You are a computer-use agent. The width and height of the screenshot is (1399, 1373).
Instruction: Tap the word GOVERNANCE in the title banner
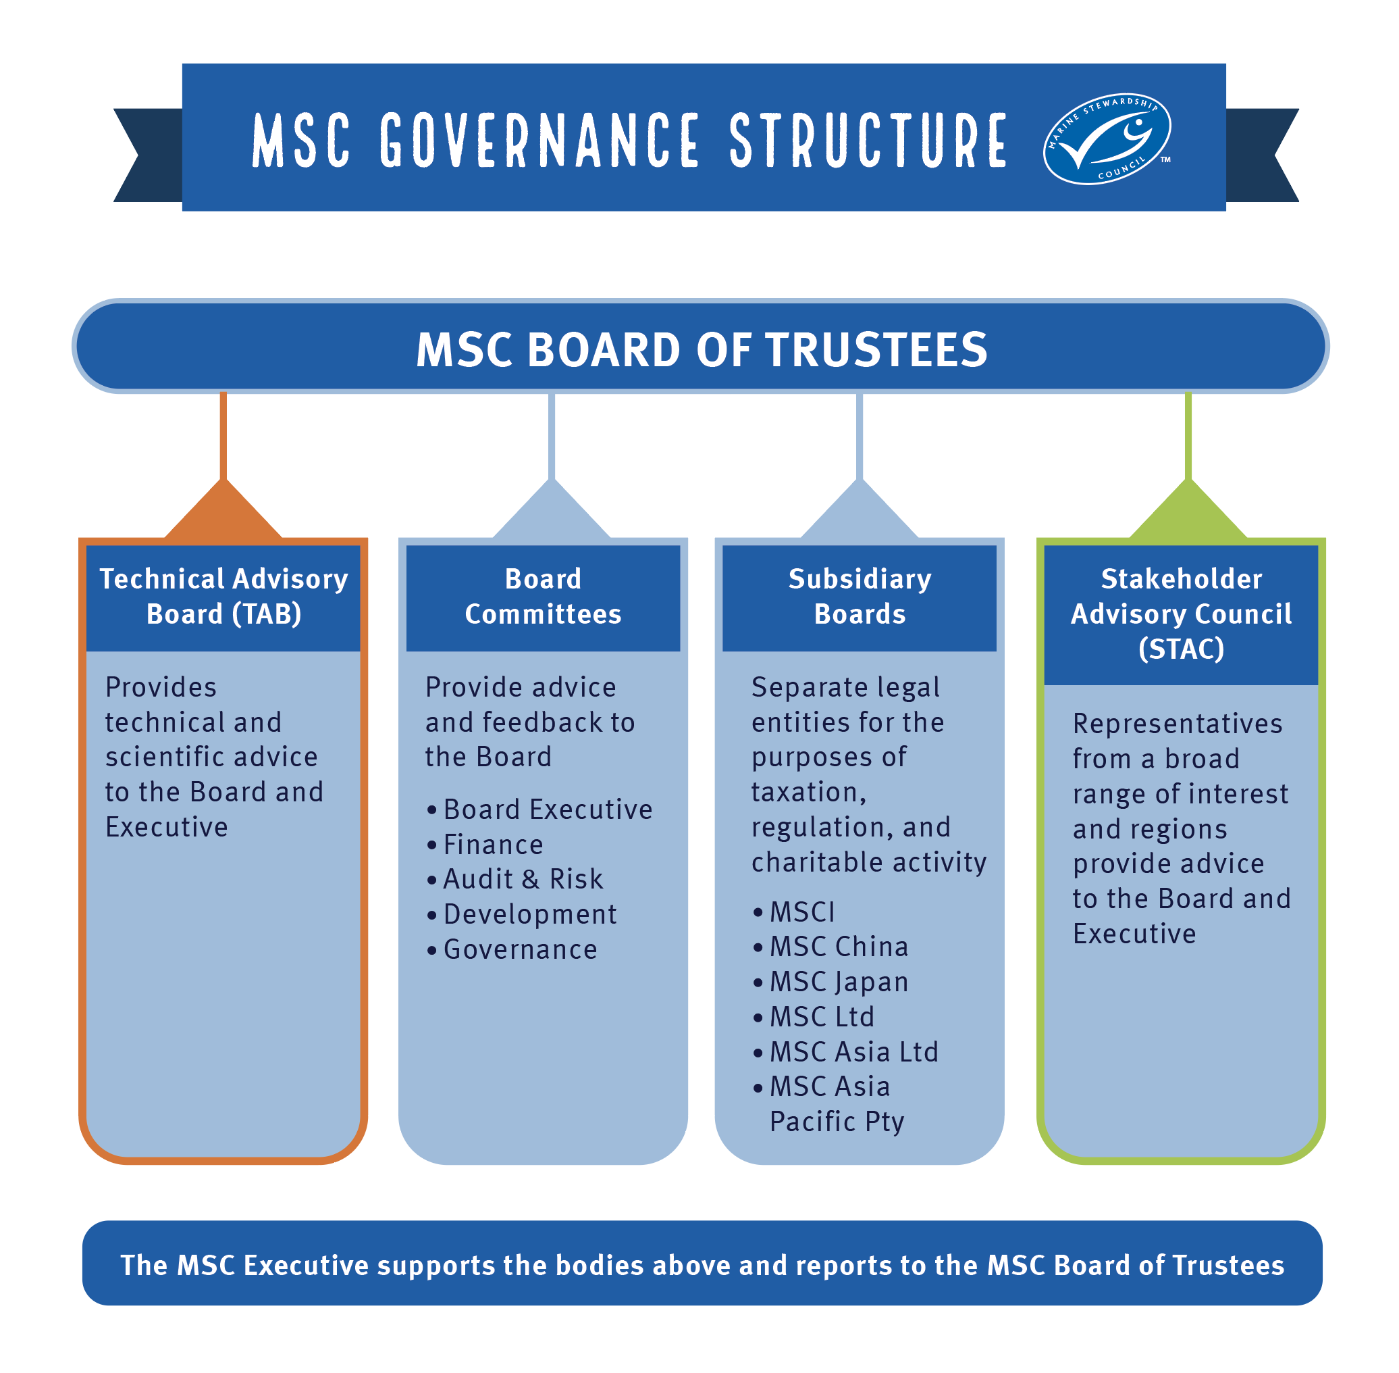(539, 140)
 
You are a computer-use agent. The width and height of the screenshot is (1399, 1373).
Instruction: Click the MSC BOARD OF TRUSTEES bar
(701, 349)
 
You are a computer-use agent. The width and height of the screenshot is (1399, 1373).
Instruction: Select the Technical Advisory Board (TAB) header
(223, 597)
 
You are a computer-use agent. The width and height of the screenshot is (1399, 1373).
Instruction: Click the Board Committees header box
(543, 597)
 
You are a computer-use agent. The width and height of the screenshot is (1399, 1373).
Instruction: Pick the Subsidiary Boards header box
(859, 597)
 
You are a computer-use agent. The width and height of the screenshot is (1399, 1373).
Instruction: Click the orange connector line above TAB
(223, 436)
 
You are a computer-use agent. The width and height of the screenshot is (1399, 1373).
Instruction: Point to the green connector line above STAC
(1188, 436)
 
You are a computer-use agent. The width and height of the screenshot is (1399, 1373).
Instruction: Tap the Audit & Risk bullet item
(523, 879)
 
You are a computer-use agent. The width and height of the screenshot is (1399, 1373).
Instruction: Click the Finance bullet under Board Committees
(493, 845)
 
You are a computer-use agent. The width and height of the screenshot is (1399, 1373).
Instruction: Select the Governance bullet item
(520, 950)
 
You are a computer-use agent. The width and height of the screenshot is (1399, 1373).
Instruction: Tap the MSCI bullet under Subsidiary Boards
(801, 912)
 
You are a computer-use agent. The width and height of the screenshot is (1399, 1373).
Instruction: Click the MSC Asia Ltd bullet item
(853, 1052)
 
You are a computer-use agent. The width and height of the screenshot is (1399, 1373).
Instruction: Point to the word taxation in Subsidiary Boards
(808, 793)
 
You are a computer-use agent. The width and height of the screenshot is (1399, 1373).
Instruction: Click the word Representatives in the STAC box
(1177, 724)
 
